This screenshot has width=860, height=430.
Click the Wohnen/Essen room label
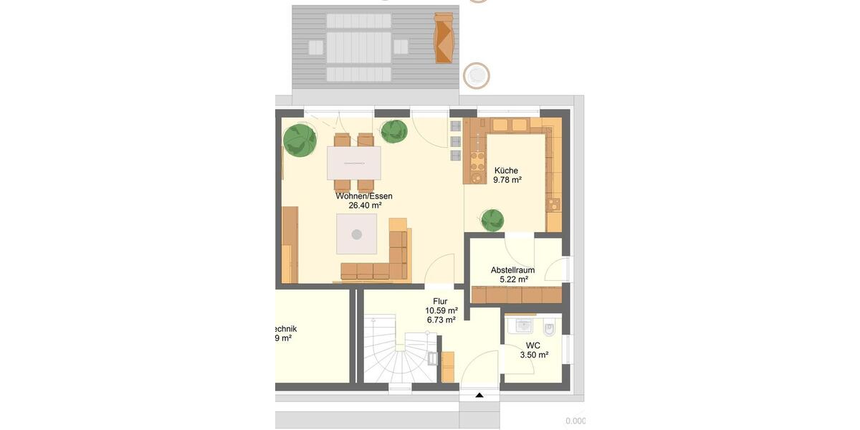point(364,196)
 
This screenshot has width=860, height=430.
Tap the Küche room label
point(506,171)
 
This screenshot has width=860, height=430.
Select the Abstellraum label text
point(512,270)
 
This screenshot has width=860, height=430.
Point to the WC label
point(533,345)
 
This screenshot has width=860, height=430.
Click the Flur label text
point(440,301)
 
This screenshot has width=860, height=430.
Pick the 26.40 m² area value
point(365,205)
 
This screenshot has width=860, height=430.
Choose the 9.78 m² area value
point(507,180)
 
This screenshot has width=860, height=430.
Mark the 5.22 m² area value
point(513,279)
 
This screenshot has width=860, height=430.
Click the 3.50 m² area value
point(534,354)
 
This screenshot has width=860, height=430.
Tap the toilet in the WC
point(549,329)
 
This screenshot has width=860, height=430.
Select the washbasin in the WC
point(522,326)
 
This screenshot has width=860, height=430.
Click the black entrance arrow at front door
point(479,395)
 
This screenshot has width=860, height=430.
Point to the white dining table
point(353,163)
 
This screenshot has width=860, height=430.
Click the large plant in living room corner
point(300,140)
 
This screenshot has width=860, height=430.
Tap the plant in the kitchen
point(492,220)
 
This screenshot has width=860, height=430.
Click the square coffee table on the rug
point(357,234)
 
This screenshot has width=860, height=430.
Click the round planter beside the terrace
point(476,75)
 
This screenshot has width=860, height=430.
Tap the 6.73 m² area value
point(440,320)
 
